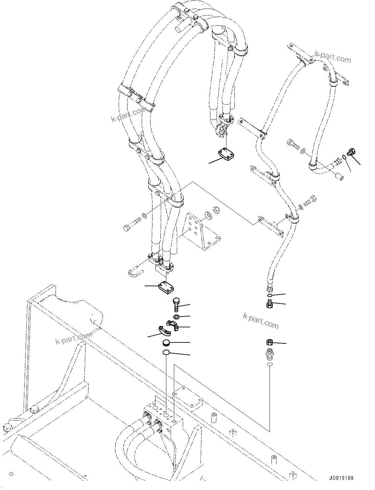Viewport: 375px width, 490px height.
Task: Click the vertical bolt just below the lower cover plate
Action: click(x=176, y=305)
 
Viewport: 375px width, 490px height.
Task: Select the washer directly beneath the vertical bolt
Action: click(x=176, y=317)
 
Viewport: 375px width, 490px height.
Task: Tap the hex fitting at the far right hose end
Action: click(x=351, y=152)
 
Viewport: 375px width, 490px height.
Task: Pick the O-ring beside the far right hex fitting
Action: click(x=344, y=157)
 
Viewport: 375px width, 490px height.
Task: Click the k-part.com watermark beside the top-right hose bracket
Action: click(x=333, y=57)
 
